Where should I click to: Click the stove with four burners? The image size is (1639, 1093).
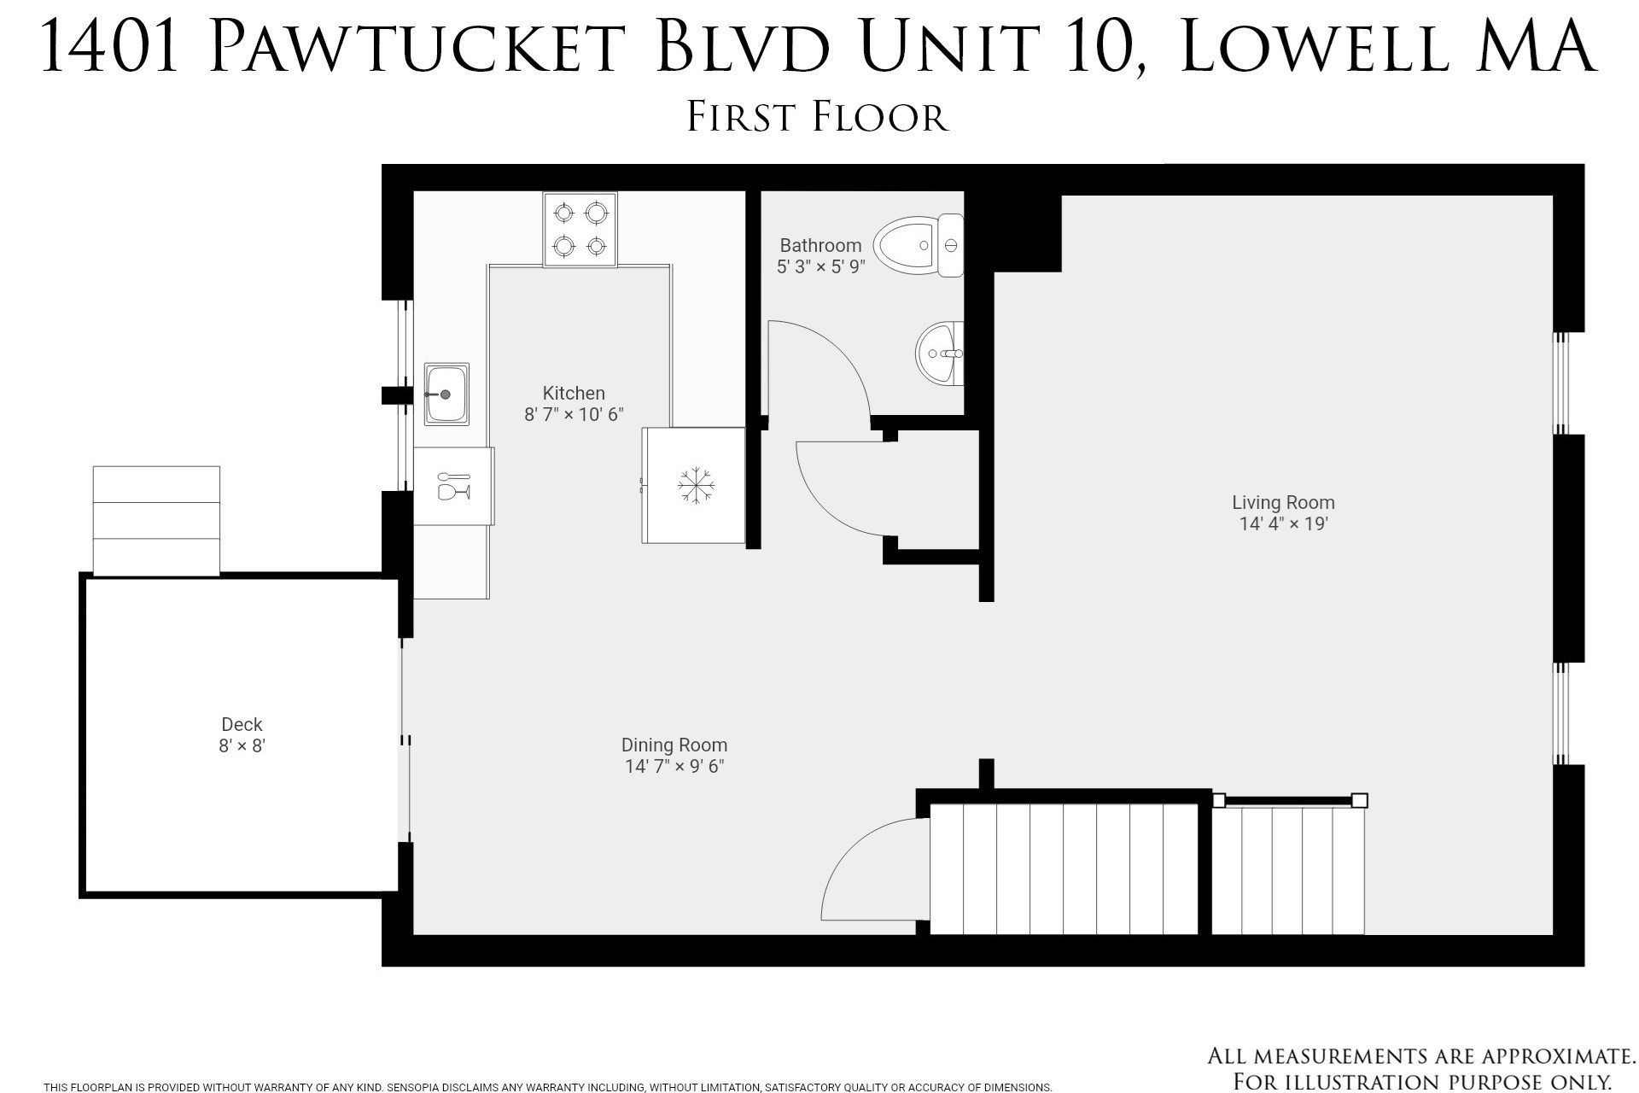pyautogui.click(x=580, y=229)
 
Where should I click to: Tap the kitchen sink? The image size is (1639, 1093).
pyautogui.click(x=446, y=394)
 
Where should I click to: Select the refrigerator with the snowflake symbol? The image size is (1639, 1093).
pyautogui.click(x=695, y=485)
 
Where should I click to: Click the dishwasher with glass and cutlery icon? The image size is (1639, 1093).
pyautogui.click(x=453, y=485)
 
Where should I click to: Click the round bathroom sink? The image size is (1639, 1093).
pyautogui.click(x=940, y=353)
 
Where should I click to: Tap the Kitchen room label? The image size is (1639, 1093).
pyautogui.click(x=574, y=393)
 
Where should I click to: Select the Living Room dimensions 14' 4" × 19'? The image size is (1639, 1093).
pyautogui.click(x=1283, y=523)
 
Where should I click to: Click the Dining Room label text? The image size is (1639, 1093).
pyautogui.click(x=674, y=745)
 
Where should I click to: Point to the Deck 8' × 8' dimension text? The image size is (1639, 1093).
pyautogui.click(x=242, y=745)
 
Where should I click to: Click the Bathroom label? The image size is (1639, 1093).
pyautogui.click(x=820, y=246)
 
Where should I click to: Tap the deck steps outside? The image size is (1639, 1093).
pyautogui.click(x=156, y=520)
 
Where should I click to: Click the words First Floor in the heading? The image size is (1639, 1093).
pyautogui.click(x=818, y=117)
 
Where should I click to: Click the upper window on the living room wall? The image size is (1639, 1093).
pyautogui.click(x=1560, y=383)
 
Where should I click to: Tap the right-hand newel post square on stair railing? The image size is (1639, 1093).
pyautogui.click(x=1360, y=800)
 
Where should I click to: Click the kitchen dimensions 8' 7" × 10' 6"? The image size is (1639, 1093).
pyautogui.click(x=574, y=415)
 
